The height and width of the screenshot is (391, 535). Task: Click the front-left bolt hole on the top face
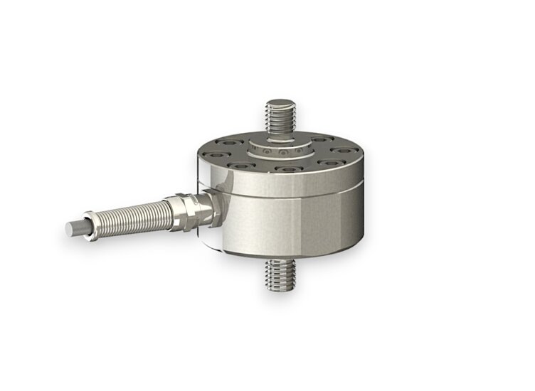point(239,166)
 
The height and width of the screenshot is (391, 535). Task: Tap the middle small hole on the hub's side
point(282,154)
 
